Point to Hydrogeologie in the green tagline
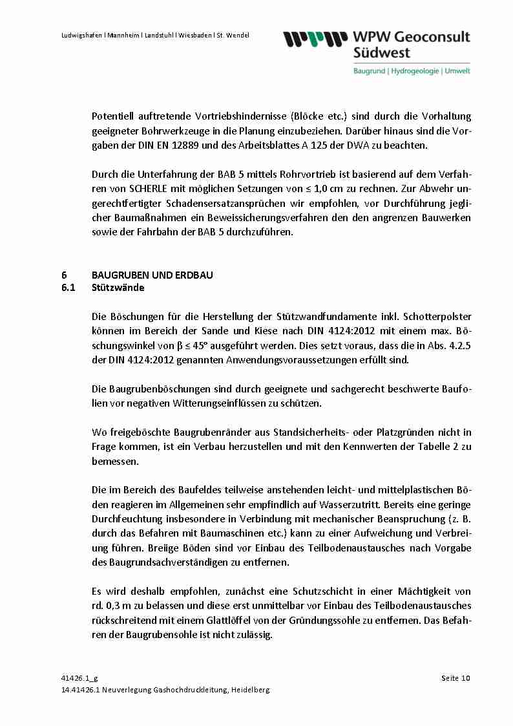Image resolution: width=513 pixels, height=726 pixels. point(414,70)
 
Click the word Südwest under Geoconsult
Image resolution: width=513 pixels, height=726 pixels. point(382,52)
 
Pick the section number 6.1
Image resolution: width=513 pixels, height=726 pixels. point(68,288)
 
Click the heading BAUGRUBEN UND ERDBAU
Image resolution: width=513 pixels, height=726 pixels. point(152,275)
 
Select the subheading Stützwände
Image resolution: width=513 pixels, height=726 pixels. point(118,288)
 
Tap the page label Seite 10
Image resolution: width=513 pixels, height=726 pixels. point(455,678)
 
